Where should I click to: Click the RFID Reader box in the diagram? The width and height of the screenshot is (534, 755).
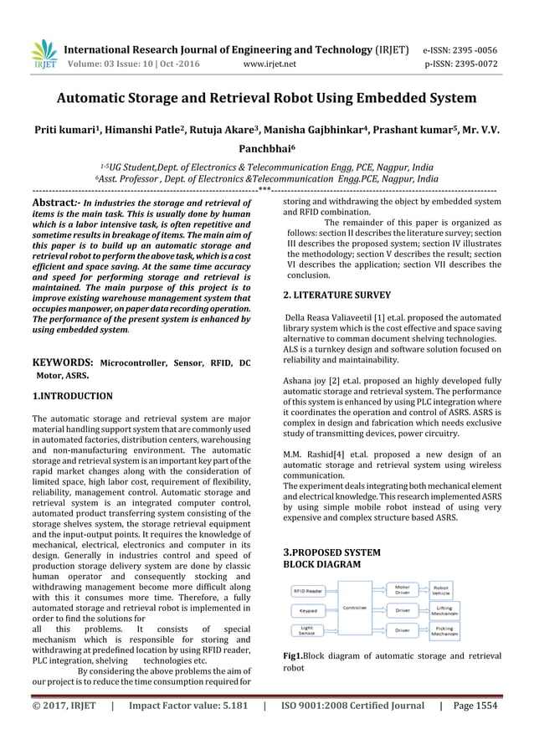[x=309, y=590]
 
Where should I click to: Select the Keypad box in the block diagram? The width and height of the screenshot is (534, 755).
[x=308, y=610]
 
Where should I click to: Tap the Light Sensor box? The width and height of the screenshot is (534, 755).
[x=308, y=629]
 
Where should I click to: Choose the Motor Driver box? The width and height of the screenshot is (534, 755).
[x=403, y=590]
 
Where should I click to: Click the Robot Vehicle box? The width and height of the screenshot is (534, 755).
[x=444, y=590]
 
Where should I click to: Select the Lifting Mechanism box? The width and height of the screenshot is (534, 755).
[x=444, y=610]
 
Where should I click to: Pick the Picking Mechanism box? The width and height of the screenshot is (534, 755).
[x=444, y=629]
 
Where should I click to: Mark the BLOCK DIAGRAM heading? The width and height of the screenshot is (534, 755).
[x=327, y=565]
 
